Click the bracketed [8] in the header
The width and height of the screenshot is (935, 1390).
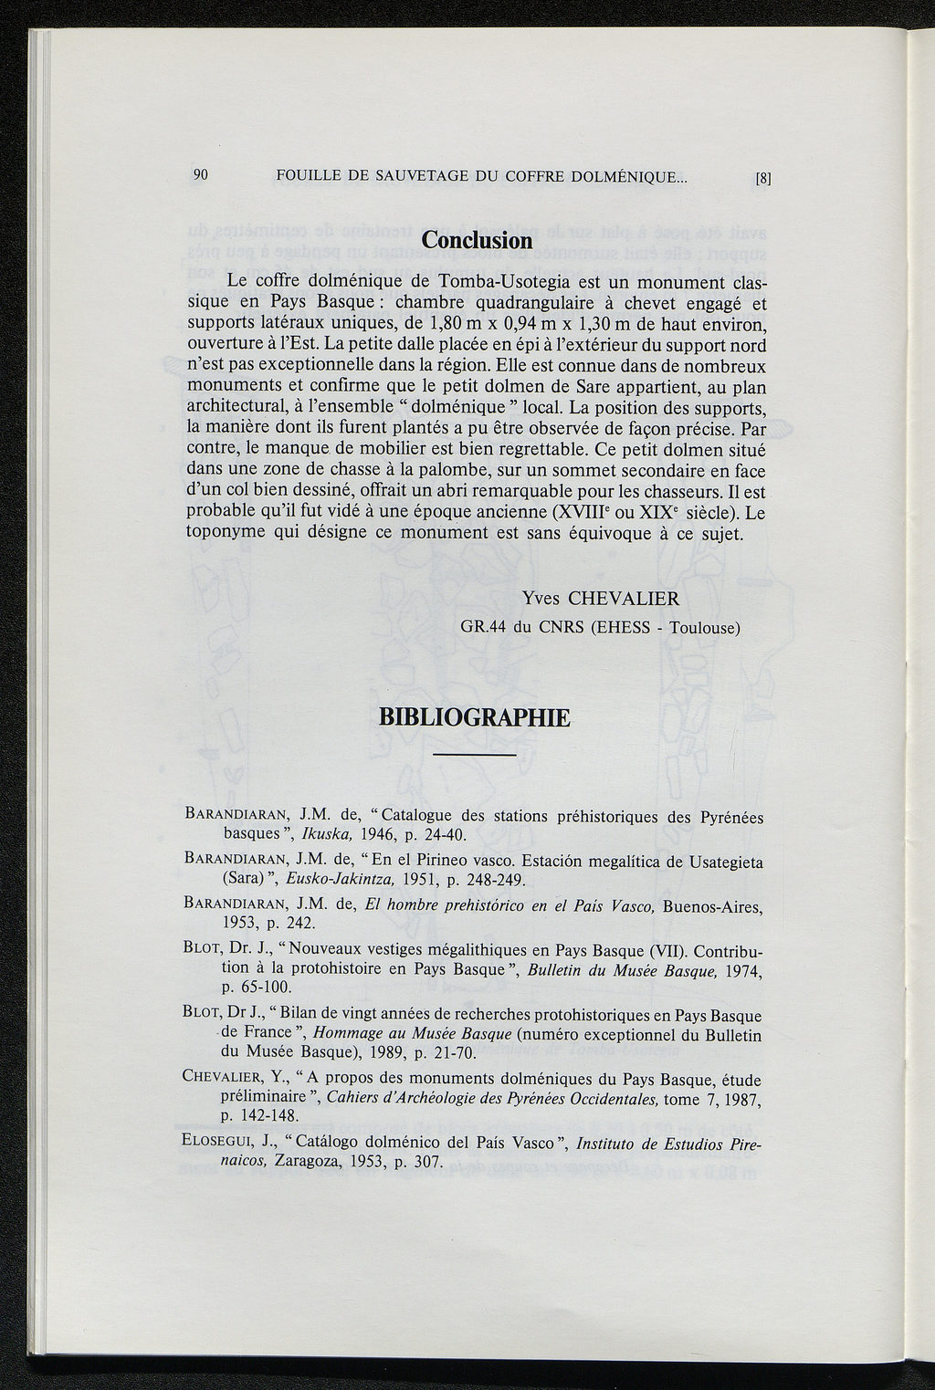click(x=764, y=180)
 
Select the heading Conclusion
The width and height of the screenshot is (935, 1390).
click(x=477, y=240)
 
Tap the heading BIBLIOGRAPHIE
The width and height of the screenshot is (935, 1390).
click(x=474, y=717)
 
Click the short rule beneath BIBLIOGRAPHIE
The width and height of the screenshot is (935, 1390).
click(x=474, y=756)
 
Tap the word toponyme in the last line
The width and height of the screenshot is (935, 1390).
click(x=226, y=533)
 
